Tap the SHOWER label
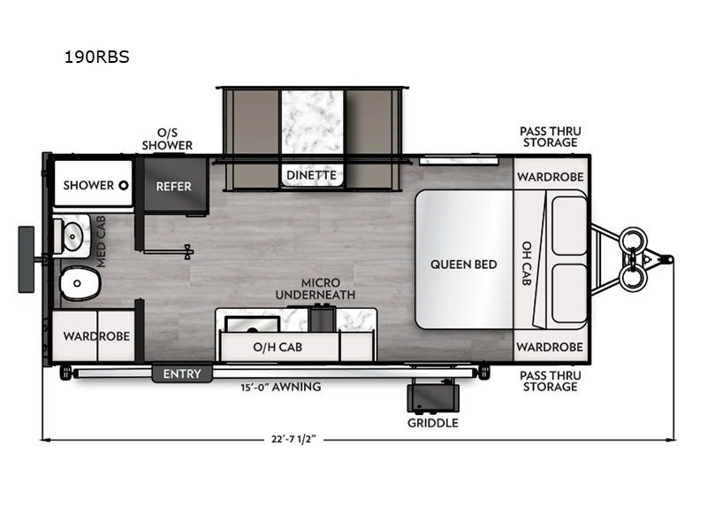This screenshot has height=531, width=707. coord(89,185)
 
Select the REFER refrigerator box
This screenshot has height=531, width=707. coord(173,186)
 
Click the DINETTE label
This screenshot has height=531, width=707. coord(310,174)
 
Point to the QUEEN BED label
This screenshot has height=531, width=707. coord(463,264)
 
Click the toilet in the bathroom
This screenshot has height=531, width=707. coord(80,285)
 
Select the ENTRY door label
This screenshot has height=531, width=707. coord(182,374)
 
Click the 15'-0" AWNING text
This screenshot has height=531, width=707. coord(280,387)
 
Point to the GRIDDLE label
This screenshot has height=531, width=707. coord(432,423)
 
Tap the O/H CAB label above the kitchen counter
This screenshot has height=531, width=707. coord(278,347)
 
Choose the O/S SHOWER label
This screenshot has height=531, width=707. coord(168,139)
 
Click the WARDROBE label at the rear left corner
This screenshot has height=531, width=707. coord(95,336)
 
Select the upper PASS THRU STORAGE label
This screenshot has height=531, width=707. coord(549,136)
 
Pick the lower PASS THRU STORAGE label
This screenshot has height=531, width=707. coord(549,381)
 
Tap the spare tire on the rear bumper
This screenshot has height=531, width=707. coord(27,258)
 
